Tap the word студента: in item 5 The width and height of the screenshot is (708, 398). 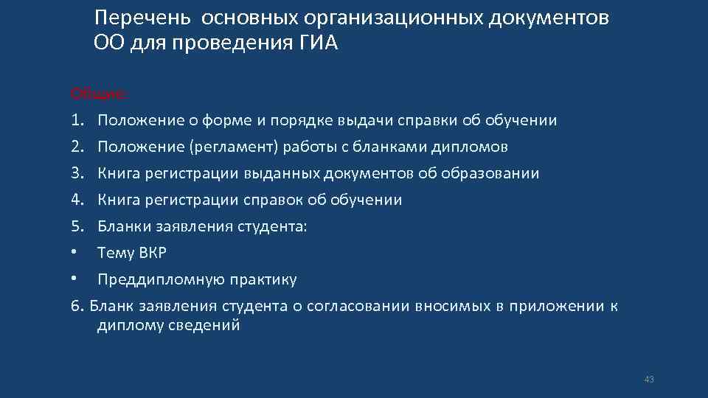(x=271, y=226)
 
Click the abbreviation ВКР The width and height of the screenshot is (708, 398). (x=152, y=253)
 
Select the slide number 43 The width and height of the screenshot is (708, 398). (x=649, y=380)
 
